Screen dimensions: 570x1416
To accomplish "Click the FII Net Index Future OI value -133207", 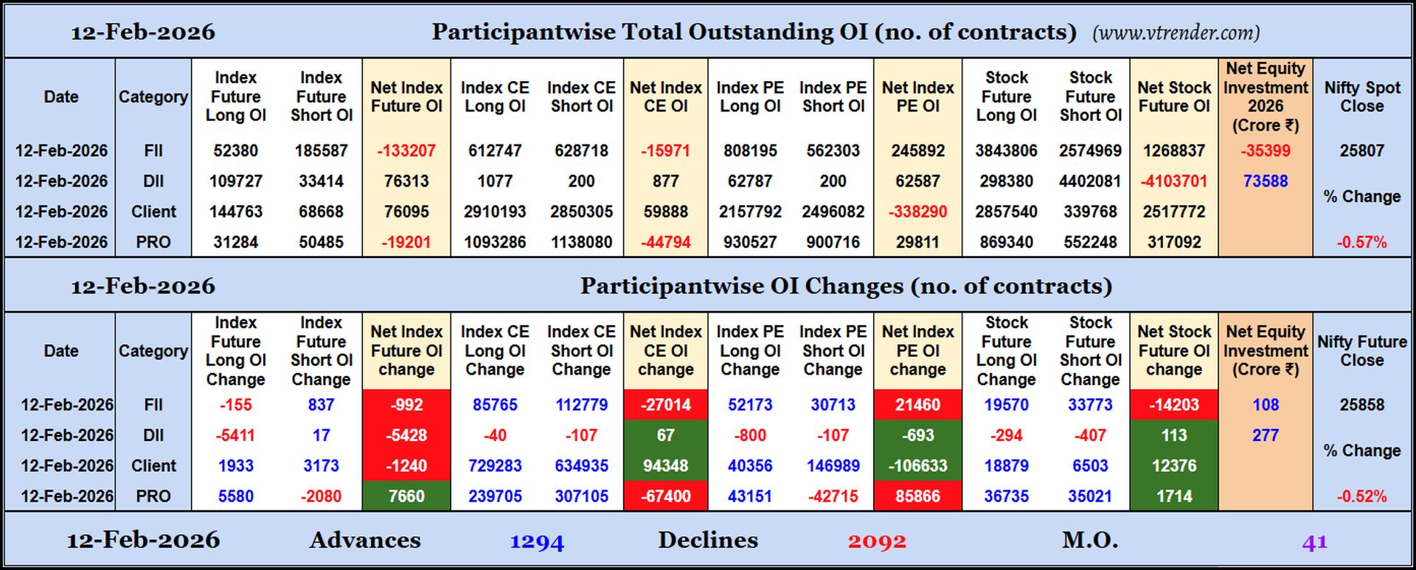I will (406, 150).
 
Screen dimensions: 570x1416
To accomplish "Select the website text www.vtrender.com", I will (1176, 32).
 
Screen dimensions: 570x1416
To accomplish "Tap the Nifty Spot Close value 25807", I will (1361, 150).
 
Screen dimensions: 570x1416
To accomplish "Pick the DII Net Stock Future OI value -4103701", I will (1173, 181).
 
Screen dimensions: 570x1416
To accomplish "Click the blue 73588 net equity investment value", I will (1265, 181).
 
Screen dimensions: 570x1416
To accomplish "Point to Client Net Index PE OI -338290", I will (917, 212).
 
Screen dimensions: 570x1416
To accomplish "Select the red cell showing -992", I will (406, 405).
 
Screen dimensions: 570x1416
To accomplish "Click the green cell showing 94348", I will (665, 466).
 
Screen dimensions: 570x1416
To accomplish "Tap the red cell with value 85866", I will (917, 496).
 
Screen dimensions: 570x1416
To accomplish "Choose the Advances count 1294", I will (537, 543).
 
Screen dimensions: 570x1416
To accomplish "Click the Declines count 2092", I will (877, 543).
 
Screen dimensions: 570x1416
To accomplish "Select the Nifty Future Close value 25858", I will (1361, 405).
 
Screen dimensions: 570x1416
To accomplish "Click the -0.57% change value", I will (1361, 243).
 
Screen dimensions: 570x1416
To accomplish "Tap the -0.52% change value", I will (1361, 496).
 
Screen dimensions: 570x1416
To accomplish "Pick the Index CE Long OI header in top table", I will (495, 97).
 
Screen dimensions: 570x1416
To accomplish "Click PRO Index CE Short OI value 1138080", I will (581, 243).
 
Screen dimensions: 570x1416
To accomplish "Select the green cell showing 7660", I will (406, 496).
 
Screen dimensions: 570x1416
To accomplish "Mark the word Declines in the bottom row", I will (707, 541).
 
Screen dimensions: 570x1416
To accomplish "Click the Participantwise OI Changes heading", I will (845, 286).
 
